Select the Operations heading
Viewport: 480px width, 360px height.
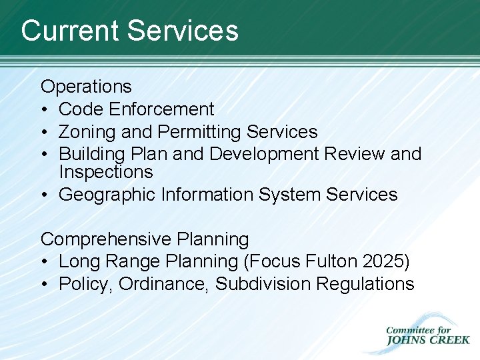86,87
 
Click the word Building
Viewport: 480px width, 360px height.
91,154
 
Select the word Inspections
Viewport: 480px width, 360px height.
105,172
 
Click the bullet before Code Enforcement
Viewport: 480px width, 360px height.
44,110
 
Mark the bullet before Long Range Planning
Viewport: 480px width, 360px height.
44,262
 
